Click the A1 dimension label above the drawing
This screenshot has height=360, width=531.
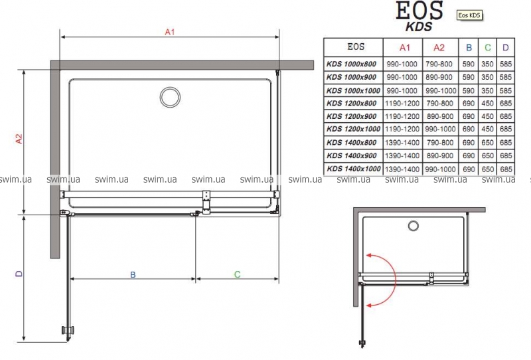pos(170,32)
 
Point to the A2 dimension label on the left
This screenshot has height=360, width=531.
pos(19,139)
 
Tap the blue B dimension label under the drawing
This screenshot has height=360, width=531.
pos(133,274)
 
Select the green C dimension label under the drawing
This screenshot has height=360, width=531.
pos(237,274)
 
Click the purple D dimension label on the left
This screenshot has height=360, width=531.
pos(19,273)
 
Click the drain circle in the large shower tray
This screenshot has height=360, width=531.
pos(170,97)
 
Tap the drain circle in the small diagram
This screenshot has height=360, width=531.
pos(413,226)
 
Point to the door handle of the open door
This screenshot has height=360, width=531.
pos(69,330)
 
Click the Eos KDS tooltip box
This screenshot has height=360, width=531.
pos(469,15)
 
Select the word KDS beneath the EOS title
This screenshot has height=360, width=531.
pos(419,27)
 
